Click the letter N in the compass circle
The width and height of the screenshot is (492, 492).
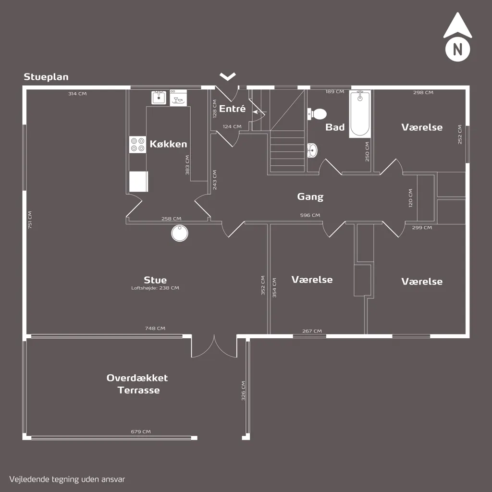pyautogui.click(x=457, y=49)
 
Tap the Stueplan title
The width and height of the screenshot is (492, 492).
pyautogui.click(x=46, y=77)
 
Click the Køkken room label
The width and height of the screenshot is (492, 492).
pyautogui.click(x=168, y=144)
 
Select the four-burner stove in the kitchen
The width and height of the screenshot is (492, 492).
pyautogui.click(x=138, y=145)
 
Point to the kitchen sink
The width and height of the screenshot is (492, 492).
pyautogui.click(x=159, y=98)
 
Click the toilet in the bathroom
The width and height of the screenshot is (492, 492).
pyautogui.click(x=317, y=114)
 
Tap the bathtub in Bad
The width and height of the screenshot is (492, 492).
pyautogui.click(x=360, y=114)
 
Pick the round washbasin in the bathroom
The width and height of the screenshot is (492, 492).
pyautogui.click(x=312, y=150)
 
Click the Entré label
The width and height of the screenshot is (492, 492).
pyautogui.click(x=232, y=109)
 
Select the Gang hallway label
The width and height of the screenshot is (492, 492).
pyautogui.click(x=310, y=197)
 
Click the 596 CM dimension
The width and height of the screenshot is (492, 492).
pyautogui.click(x=310, y=215)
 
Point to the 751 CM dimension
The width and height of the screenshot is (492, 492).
pyautogui.click(x=30, y=220)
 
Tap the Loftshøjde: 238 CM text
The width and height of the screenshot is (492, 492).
pyautogui.click(x=155, y=288)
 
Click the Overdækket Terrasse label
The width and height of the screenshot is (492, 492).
pyautogui.click(x=137, y=384)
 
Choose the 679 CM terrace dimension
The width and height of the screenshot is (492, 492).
pyautogui.click(x=141, y=432)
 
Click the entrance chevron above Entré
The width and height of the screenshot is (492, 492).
pyautogui.click(x=228, y=76)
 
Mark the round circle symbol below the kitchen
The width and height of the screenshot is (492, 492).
pyautogui.click(x=180, y=234)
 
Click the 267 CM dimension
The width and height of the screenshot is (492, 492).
pyautogui.click(x=312, y=331)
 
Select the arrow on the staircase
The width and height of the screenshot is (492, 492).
pyautogui.click(x=259, y=111)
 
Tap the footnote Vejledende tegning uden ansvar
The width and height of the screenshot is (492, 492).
pyautogui.click(x=67, y=480)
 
